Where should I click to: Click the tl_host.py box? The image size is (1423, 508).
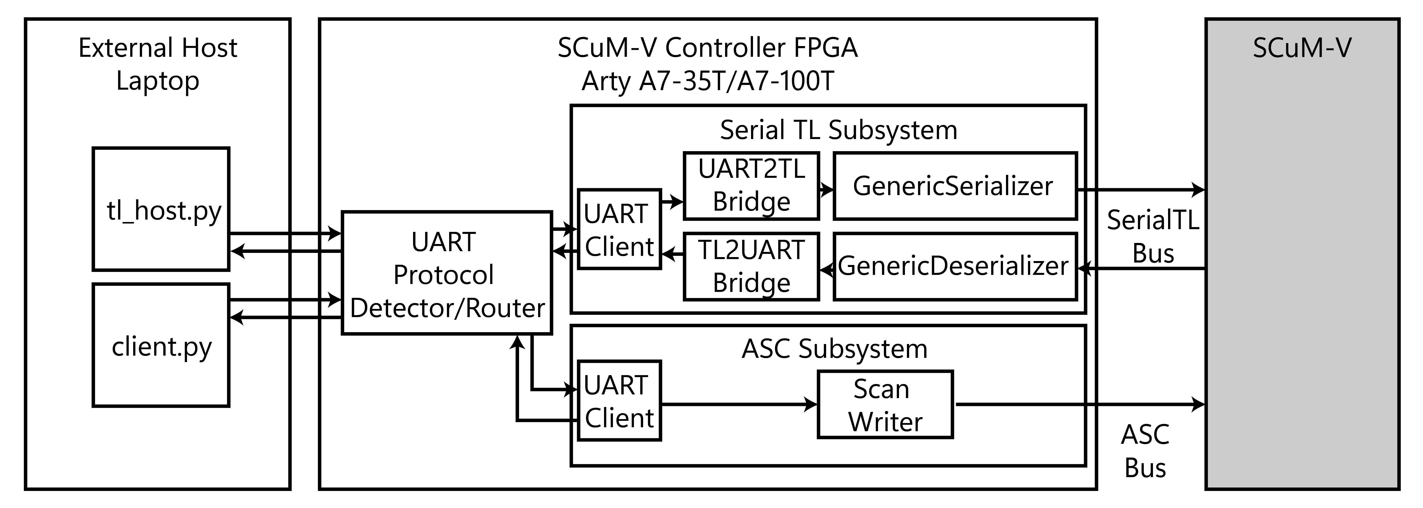tap(161, 209)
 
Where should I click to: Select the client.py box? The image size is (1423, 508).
tap(161, 346)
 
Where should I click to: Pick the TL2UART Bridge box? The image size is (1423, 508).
tap(751, 267)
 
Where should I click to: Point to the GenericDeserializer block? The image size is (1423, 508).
tap(955, 267)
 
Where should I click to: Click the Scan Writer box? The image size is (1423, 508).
tap(885, 405)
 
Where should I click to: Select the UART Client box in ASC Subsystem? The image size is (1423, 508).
tap(619, 401)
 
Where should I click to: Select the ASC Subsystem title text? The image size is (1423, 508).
tap(834, 349)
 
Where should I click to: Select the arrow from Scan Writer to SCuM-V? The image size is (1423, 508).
tap(1077, 405)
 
